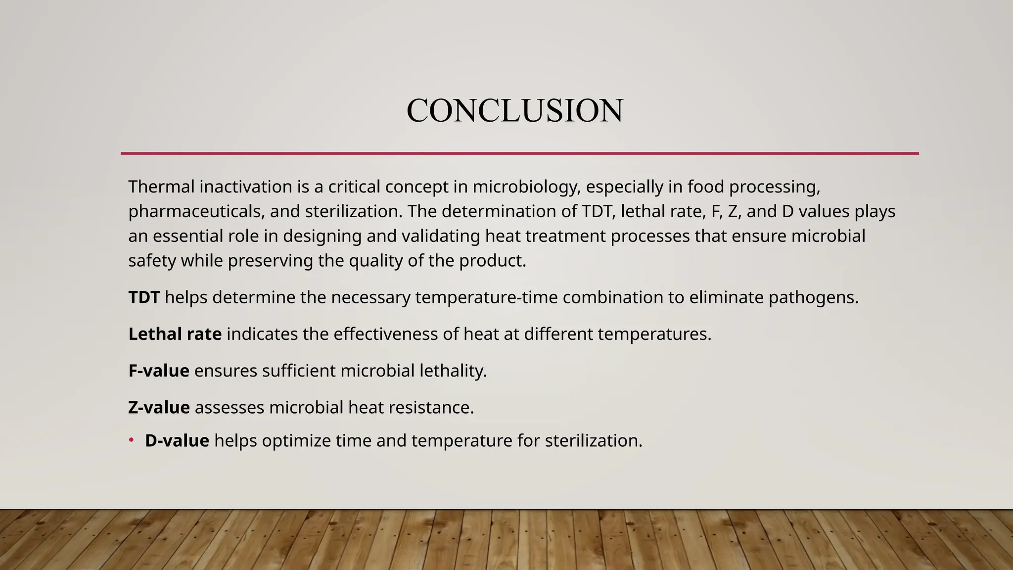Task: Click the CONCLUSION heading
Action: [x=514, y=110]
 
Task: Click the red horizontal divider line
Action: [x=519, y=153]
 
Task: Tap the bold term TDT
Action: [x=144, y=297]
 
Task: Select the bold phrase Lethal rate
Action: [x=175, y=334]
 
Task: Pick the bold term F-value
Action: [x=158, y=371]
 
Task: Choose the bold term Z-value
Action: [x=159, y=407]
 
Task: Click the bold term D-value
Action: [x=177, y=440]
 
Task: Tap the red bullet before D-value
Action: [x=132, y=440]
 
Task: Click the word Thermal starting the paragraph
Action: [x=161, y=187]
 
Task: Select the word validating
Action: [x=440, y=236]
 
